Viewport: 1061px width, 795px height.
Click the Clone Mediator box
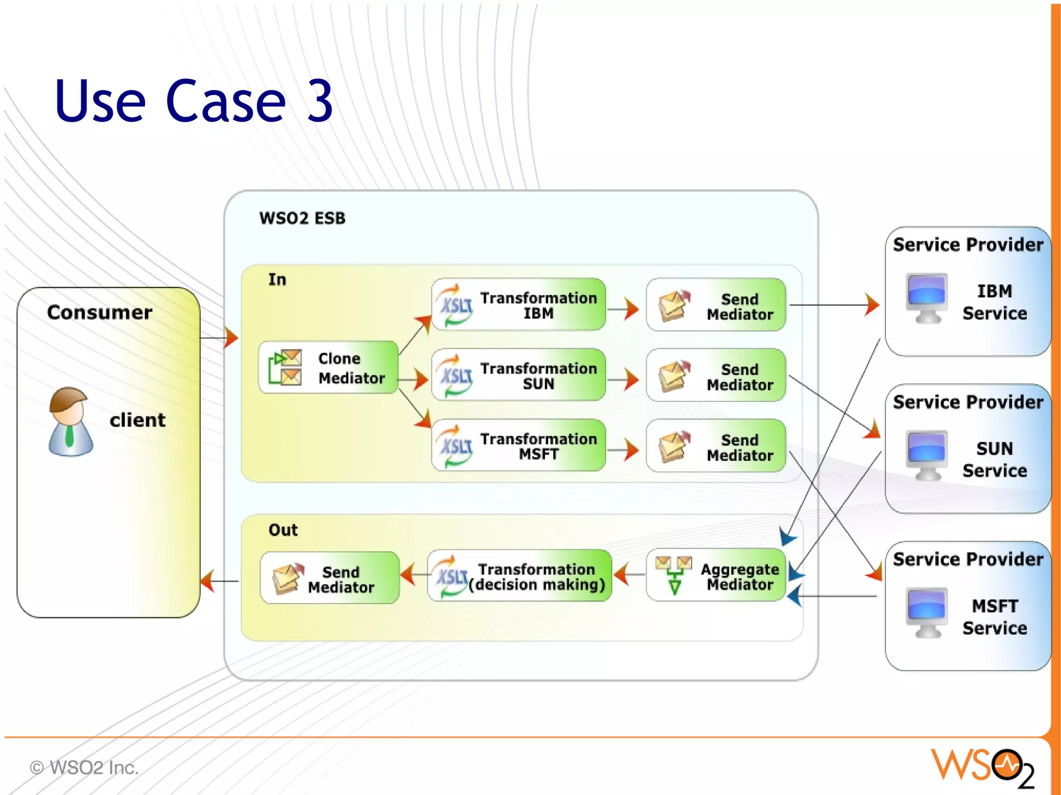328,368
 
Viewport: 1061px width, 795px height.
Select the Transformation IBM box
519,305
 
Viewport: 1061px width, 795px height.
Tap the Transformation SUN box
519,375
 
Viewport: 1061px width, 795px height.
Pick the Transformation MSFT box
519,446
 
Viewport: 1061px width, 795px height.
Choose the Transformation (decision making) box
520,576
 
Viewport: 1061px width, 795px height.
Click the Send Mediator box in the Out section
330,579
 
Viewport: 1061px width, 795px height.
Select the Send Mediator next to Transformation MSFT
716,446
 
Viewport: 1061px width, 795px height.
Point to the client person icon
70,422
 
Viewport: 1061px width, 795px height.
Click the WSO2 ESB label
302,218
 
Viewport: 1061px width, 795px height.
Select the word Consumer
99,312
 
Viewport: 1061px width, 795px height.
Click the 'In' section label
277,280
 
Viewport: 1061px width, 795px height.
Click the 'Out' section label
283,530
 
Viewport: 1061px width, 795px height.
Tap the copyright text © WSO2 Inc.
84,768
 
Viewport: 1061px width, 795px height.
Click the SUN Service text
994,459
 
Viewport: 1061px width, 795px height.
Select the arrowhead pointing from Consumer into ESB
232,338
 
